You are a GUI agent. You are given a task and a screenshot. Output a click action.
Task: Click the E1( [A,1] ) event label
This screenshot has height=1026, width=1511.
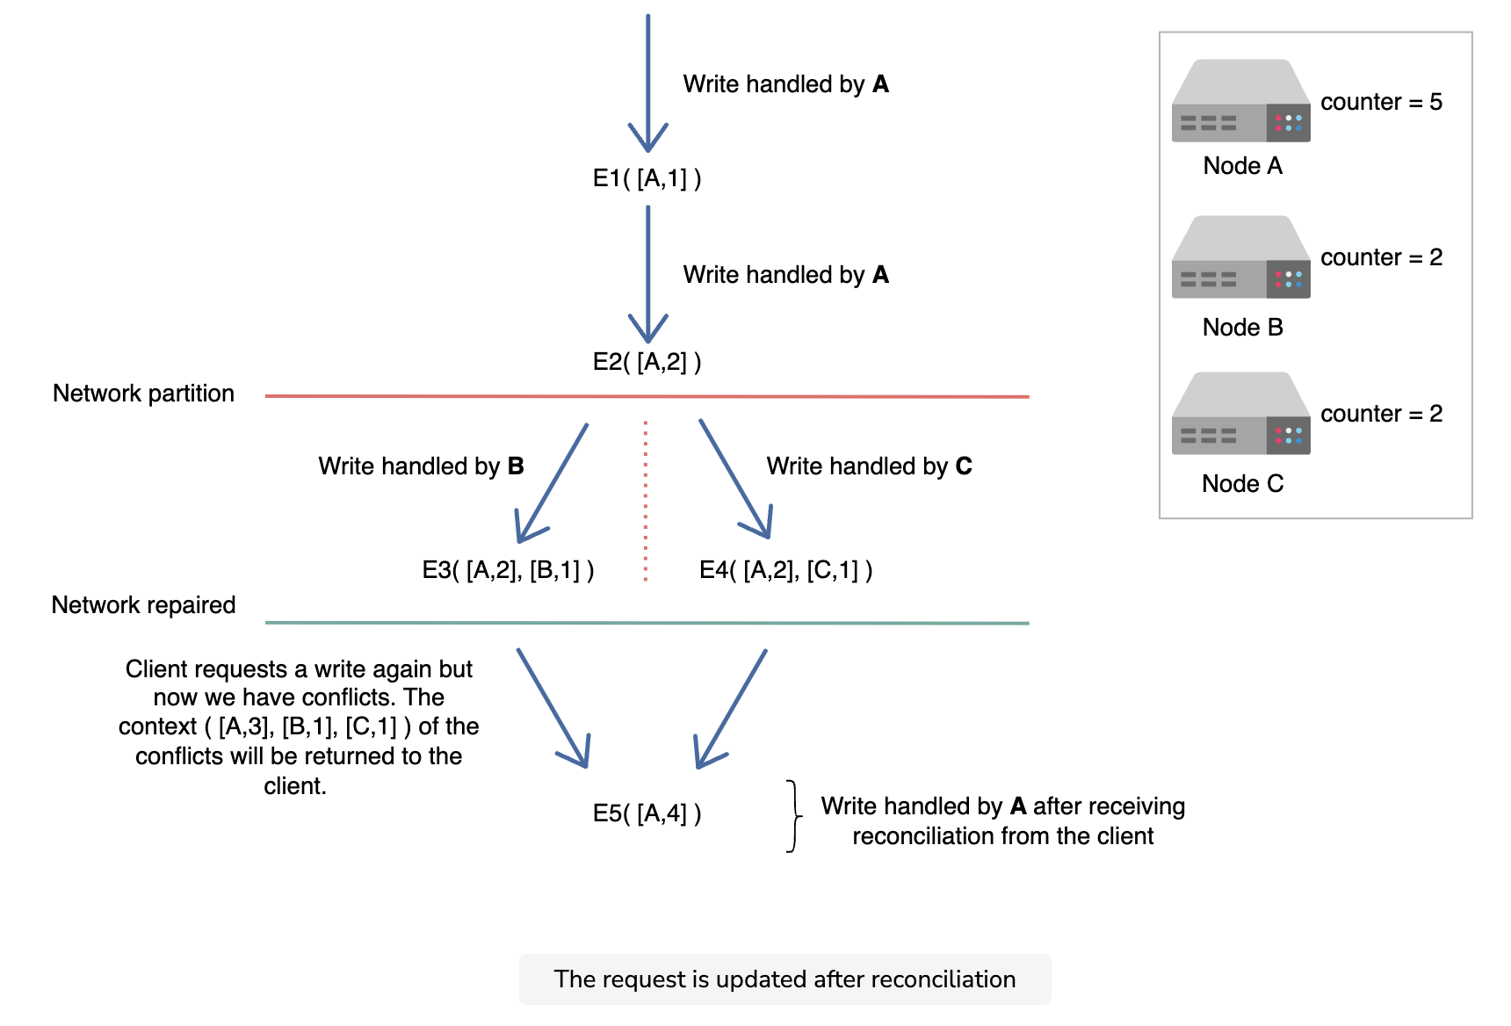pyautogui.click(x=647, y=178)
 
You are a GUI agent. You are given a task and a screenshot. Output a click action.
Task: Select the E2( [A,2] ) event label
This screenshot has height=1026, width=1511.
pyautogui.click(x=647, y=362)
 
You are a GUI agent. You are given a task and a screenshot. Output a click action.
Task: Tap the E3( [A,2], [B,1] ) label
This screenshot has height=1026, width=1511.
pyautogui.click(x=508, y=570)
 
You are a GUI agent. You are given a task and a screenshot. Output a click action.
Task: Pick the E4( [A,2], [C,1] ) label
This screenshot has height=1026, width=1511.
pyautogui.click(x=785, y=570)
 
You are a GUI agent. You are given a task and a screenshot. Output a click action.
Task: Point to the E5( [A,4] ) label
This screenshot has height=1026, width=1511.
pyautogui.click(x=647, y=813)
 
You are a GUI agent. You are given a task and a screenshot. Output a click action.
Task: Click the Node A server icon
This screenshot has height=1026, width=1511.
pyautogui.click(x=1240, y=100)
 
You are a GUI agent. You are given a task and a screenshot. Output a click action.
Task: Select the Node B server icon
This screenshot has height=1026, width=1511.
pyautogui.click(x=1240, y=256)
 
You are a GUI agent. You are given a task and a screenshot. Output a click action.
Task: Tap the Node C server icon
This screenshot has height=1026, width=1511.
pyautogui.click(x=1240, y=413)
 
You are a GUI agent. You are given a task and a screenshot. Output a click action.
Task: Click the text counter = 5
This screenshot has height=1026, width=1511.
pyautogui.click(x=1381, y=102)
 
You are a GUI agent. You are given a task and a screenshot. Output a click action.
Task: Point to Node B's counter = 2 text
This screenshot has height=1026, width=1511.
pyautogui.click(x=1381, y=257)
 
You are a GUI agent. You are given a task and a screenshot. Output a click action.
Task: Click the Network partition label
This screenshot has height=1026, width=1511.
pyautogui.click(x=143, y=394)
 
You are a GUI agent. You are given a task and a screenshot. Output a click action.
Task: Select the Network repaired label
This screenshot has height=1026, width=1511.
pyautogui.click(x=143, y=605)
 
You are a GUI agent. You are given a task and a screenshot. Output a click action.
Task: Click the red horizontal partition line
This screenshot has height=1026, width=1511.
pyautogui.click(x=647, y=396)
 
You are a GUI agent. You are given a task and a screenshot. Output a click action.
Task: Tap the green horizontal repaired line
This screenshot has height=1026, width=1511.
pyautogui.click(x=647, y=623)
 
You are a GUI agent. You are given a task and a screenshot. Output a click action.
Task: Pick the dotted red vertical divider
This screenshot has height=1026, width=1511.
pyautogui.click(x=646, y=501)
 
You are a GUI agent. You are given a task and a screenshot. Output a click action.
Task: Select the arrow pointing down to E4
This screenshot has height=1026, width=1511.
pyautogui.click(x=735, y=479)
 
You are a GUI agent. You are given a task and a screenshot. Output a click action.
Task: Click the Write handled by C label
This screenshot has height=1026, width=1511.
pyautogui.click(x=869, y=466)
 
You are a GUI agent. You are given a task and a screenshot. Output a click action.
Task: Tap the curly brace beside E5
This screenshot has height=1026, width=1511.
pyautogui.click(x=794, y=816)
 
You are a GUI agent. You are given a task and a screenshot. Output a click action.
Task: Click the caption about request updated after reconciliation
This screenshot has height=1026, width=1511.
pyautogui.click(x=784, y=979)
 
